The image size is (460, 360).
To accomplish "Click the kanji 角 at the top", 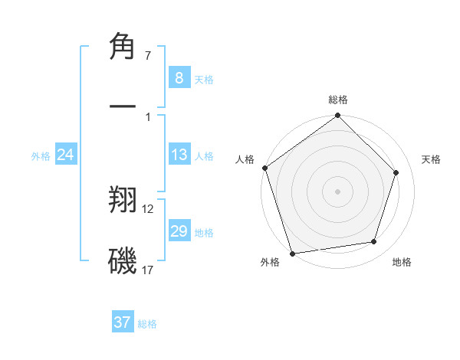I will (x=124, y=47).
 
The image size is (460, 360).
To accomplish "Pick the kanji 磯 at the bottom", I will (x=124, y=260).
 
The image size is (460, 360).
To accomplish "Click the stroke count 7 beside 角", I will (x=148, y=56).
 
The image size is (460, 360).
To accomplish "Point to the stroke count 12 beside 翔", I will (x=148, y=208).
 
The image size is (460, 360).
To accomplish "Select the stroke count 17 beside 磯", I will (x=148, y=270).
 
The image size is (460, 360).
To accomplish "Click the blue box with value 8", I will (x=179, y=78).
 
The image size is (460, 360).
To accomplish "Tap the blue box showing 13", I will (x=179, y=155).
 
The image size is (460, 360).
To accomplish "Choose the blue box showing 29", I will (x=179, y=231).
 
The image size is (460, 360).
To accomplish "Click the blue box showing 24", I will (x=66, y=155).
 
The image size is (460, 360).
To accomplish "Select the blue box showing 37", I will (x=123, y=322).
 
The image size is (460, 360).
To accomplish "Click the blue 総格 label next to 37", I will (x=147, y=324).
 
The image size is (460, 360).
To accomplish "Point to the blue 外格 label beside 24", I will (x=41, y=156).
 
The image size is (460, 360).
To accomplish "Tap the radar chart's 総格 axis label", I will (x=338, y=100).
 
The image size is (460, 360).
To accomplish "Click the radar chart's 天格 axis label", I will (x=432, y=159).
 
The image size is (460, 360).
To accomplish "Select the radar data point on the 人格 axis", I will (x=265, y=169).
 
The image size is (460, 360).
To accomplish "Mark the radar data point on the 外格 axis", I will (x=292, y=252).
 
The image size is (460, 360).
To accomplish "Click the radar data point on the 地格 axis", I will (x=373, y=241).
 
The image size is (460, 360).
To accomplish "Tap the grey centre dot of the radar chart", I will (x=337, y=191).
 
